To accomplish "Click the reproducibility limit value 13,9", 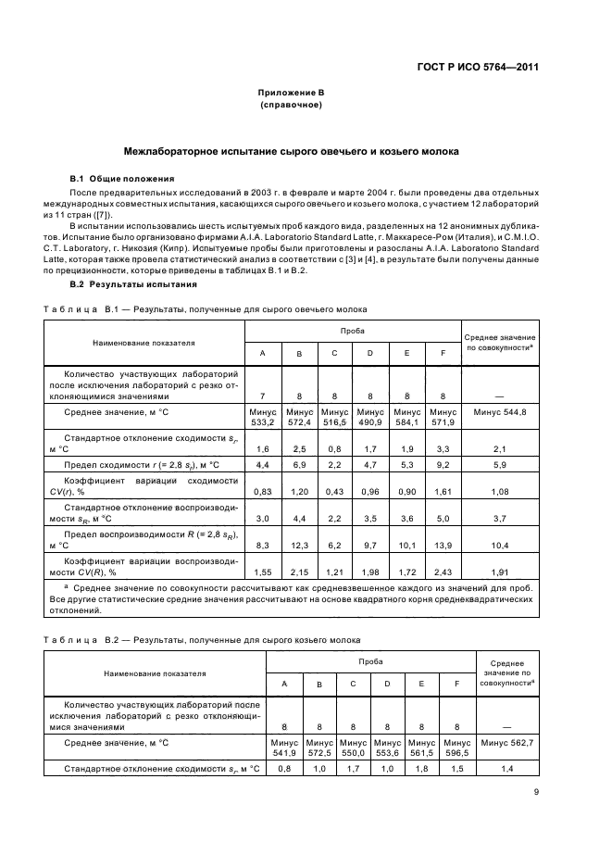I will pos(443,547).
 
